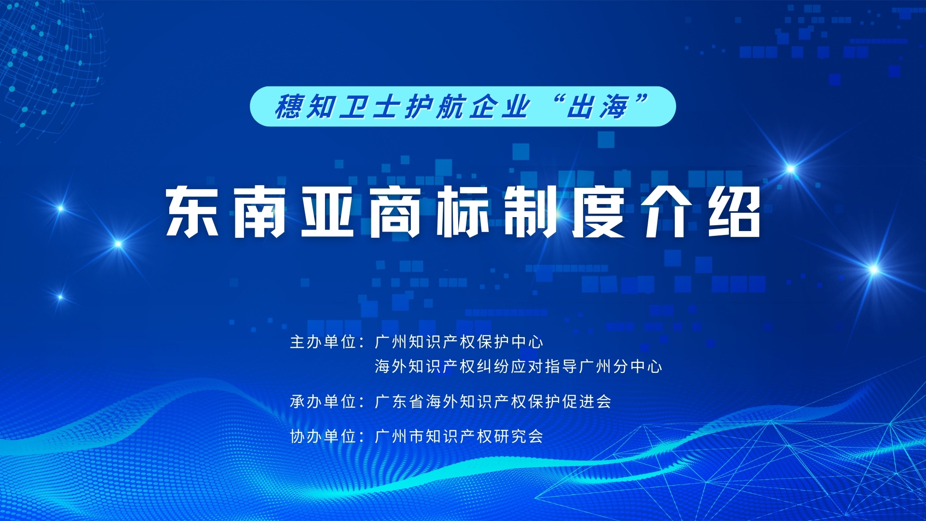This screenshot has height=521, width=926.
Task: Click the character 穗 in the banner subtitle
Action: (x=289, y=107)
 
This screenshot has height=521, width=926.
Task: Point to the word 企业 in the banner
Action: (x=500, y=107)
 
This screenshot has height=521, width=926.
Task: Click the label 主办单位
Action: (x=323, y=342)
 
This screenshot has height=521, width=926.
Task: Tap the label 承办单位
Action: (x=323, y=401)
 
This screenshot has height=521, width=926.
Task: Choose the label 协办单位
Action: (x=323, y=437)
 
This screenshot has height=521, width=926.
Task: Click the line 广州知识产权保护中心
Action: (x=459, y=342)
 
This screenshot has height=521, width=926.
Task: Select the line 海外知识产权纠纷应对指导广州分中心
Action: (x=518, y=367)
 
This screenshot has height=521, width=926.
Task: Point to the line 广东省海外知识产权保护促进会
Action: (x=493, y=401)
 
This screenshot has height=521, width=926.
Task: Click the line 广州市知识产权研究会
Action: (x=459, y=437)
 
